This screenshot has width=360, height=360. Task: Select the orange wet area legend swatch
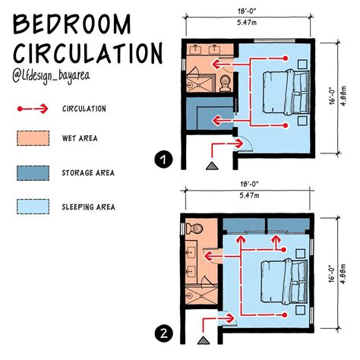[31, 139]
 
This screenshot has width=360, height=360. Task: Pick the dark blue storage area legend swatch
[31, 172]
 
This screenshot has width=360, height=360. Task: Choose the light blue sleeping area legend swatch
[31, 204]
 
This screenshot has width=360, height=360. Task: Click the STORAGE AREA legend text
[90, 172]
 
